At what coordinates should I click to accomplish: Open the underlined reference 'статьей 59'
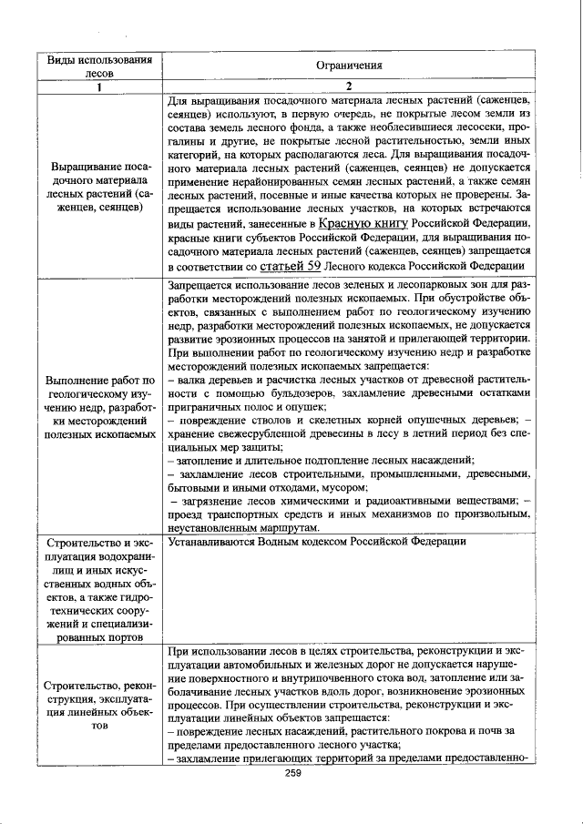[x=290, y=267]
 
